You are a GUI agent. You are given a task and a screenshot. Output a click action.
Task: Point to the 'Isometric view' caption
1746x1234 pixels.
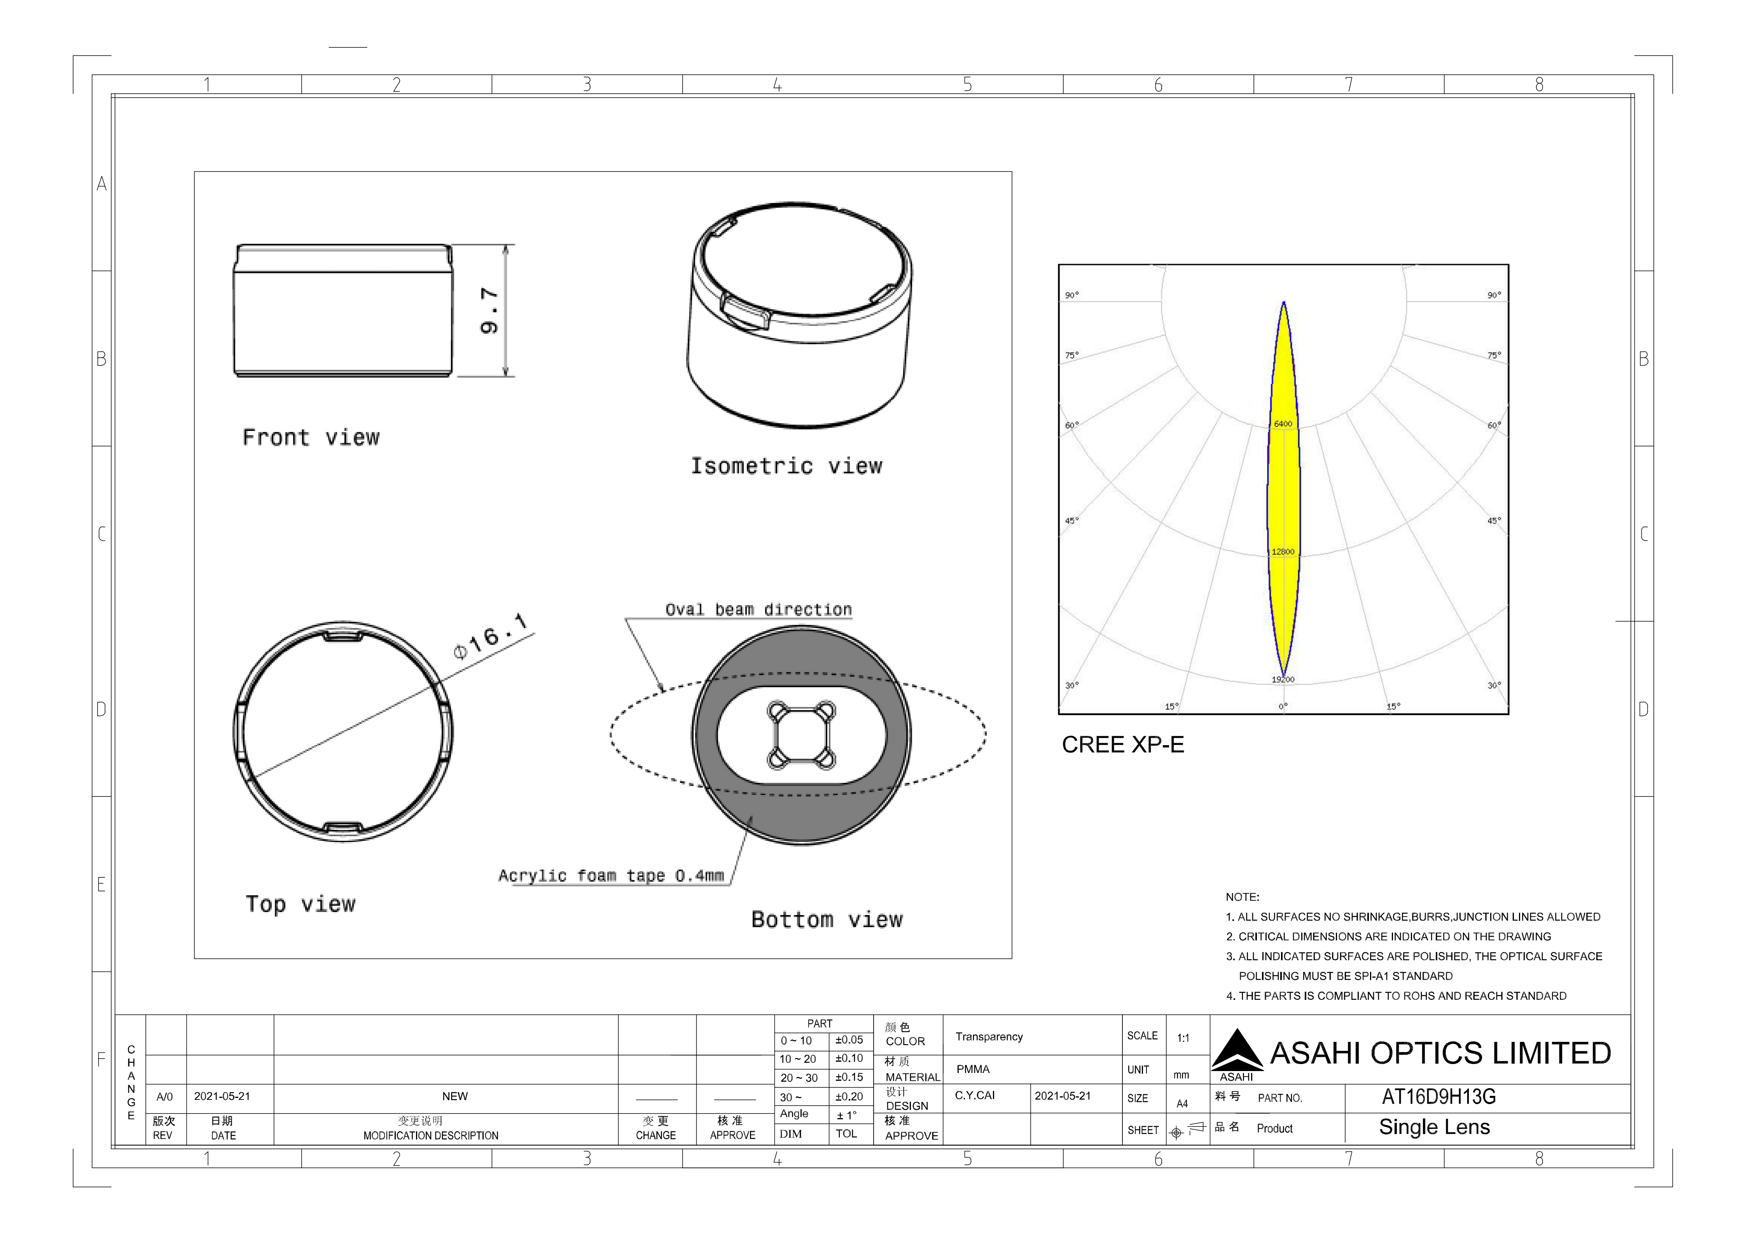click(786, 466)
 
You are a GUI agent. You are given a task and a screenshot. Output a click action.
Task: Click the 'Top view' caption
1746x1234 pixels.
click(301, 904)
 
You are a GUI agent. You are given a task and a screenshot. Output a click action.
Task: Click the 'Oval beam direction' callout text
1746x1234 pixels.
click(758, 609)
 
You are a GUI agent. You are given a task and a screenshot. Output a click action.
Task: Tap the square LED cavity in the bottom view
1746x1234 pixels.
click(802, 735)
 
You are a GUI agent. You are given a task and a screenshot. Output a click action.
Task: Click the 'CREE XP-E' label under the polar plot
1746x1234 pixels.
click(1122, 745)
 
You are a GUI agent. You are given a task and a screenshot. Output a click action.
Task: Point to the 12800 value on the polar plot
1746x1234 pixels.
click(1283, 551)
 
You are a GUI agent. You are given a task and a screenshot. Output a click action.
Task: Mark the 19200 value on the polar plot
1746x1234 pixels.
click(1283, 679)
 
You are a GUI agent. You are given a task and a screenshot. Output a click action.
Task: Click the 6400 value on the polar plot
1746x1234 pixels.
click(1283, 424)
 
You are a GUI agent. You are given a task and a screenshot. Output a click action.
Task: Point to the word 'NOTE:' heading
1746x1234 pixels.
click(1243, 897)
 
